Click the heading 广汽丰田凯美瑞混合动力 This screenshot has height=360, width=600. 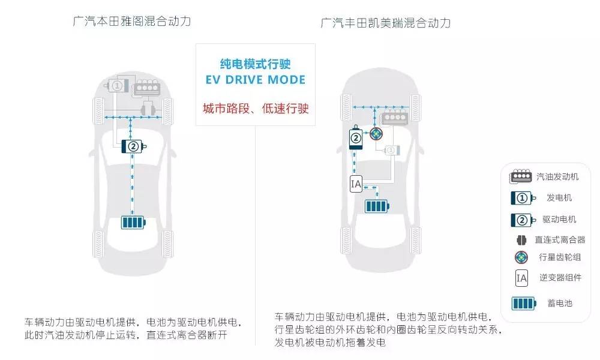point(385,23)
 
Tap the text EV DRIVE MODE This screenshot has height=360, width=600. point(256,80)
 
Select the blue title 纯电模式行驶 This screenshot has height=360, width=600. point(256,63)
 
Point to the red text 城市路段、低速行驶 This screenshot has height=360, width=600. point(256,109)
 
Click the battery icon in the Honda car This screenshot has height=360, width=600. point(133,222)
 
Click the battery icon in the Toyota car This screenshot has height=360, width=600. point(377,206)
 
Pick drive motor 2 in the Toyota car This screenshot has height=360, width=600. point(356,139)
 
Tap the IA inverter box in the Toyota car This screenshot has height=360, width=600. point(355,184)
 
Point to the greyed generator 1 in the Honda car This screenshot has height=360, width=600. point(118,86)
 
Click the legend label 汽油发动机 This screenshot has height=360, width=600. point(557,176)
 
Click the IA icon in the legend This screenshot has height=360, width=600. point(522,278)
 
